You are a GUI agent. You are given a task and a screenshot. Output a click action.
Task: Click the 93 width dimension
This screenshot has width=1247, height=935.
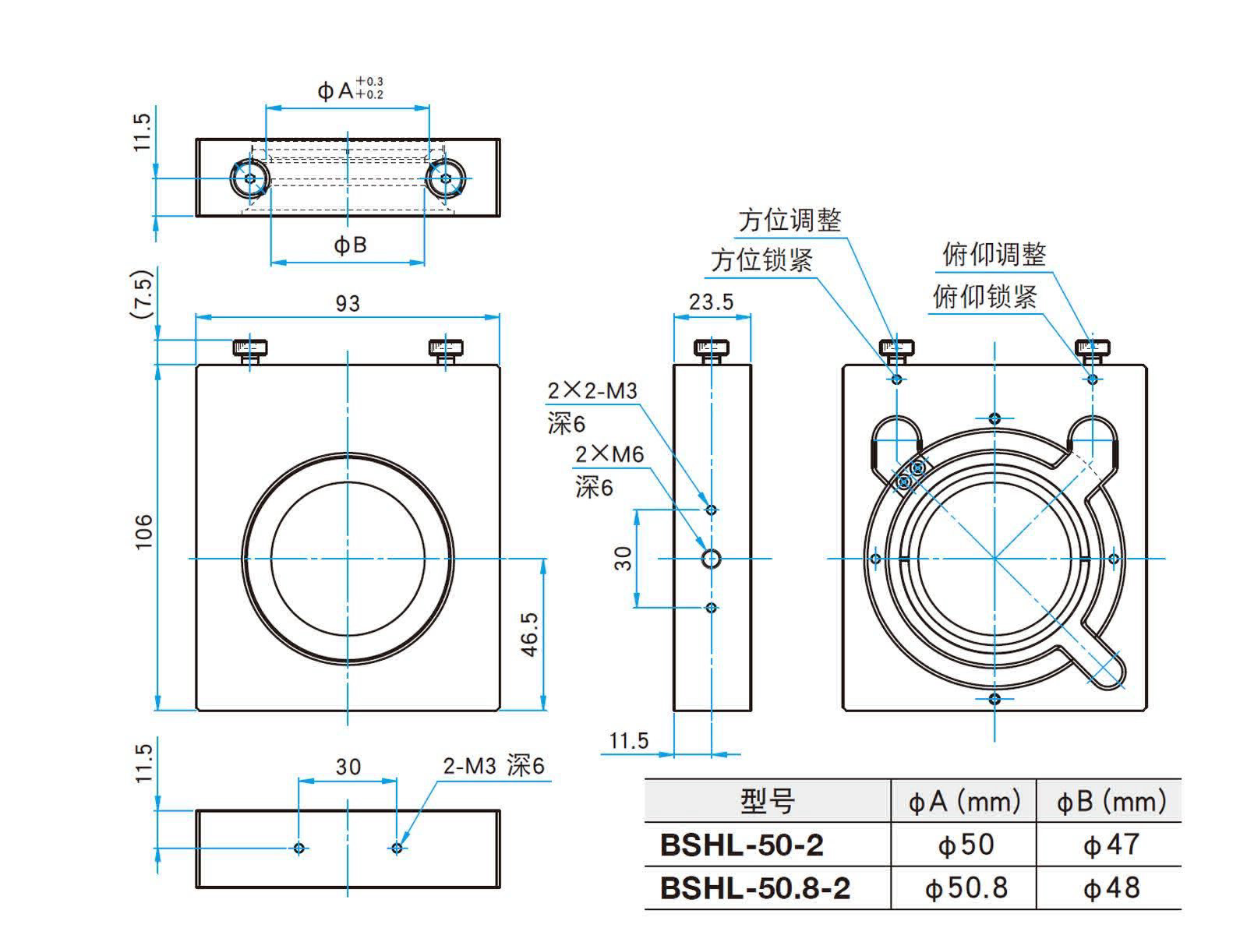[x=348, y=303]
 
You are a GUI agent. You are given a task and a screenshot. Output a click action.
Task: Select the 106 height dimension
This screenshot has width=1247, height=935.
[x=144, y=532]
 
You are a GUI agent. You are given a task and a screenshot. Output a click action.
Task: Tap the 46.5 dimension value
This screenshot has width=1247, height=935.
[x=529, y=633]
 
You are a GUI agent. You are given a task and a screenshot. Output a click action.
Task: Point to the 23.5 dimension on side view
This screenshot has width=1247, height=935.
[x=711, y=302]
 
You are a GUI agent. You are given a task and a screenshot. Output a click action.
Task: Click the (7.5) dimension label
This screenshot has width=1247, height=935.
[x=143, y=295]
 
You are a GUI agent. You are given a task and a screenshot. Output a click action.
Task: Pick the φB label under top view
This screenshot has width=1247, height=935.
[x=350, y=245]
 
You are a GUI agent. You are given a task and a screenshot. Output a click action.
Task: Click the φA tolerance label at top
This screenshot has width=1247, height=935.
[x=350, y=90]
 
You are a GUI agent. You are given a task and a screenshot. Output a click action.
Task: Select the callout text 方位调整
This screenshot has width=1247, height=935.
[x=790, y=221]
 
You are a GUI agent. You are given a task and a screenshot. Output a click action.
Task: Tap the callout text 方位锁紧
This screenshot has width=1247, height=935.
[x=761, y=260]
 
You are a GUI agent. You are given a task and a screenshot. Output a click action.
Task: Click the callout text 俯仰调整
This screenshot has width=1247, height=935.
[x=994, y=254]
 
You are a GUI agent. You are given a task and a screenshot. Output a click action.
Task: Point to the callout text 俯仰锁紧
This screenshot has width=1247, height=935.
[x=984, y=296]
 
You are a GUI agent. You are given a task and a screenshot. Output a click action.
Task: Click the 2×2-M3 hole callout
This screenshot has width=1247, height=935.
[x=592, y=391]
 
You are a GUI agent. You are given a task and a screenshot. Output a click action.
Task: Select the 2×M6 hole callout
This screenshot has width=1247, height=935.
[x=609, y=454]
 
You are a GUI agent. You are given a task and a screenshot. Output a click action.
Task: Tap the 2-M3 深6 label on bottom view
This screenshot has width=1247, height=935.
[x=493, y=766]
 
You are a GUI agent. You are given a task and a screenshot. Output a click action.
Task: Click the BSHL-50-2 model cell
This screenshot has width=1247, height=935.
[x=741, y=845]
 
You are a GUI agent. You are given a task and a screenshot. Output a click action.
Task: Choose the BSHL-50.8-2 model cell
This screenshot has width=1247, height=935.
[x=754, y=888]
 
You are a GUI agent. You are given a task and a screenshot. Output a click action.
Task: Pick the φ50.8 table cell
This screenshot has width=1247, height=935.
[x=966, y=888]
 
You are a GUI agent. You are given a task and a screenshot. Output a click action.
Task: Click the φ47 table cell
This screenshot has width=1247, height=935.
[x=1111, y=845]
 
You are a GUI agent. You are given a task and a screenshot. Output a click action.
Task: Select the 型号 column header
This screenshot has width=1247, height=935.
[x=767, y=801]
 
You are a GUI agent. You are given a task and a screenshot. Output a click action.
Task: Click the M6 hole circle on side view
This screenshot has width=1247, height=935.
[x=711, y=559]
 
